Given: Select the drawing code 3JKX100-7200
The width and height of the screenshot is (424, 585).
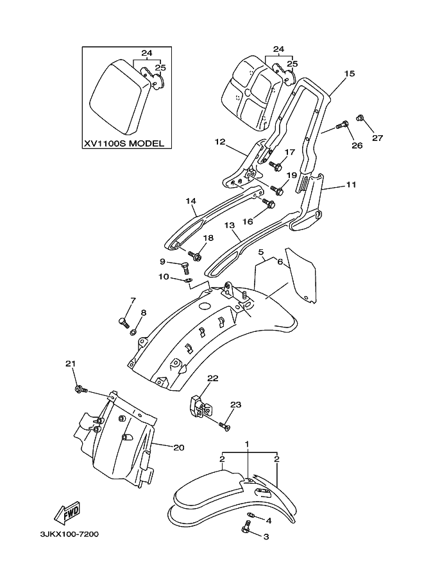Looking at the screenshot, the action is pos(69,534).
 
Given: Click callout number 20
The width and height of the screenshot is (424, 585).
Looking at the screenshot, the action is pos(179,447).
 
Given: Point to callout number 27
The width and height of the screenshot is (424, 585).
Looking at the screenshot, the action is pos(377,138).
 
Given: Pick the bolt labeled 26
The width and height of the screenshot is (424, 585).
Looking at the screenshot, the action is pos(342,125).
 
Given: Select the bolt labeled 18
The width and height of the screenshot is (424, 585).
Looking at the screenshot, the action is pos(195,256).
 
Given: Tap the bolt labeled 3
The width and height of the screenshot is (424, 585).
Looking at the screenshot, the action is pos(248,526).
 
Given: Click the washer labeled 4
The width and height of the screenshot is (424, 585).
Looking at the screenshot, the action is pos(252,516).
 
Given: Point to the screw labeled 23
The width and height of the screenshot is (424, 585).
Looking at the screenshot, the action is pos(224,426).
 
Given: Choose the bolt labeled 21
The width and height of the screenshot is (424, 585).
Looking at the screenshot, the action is pos(81,390).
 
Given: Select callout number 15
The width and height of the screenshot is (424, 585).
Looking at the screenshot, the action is pos(350,74).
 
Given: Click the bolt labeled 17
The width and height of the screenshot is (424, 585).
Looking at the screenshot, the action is pos(275,166).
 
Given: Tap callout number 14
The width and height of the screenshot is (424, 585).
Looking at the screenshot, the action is pos(191,201).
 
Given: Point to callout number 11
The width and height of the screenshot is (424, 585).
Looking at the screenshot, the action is pos(351,185).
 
